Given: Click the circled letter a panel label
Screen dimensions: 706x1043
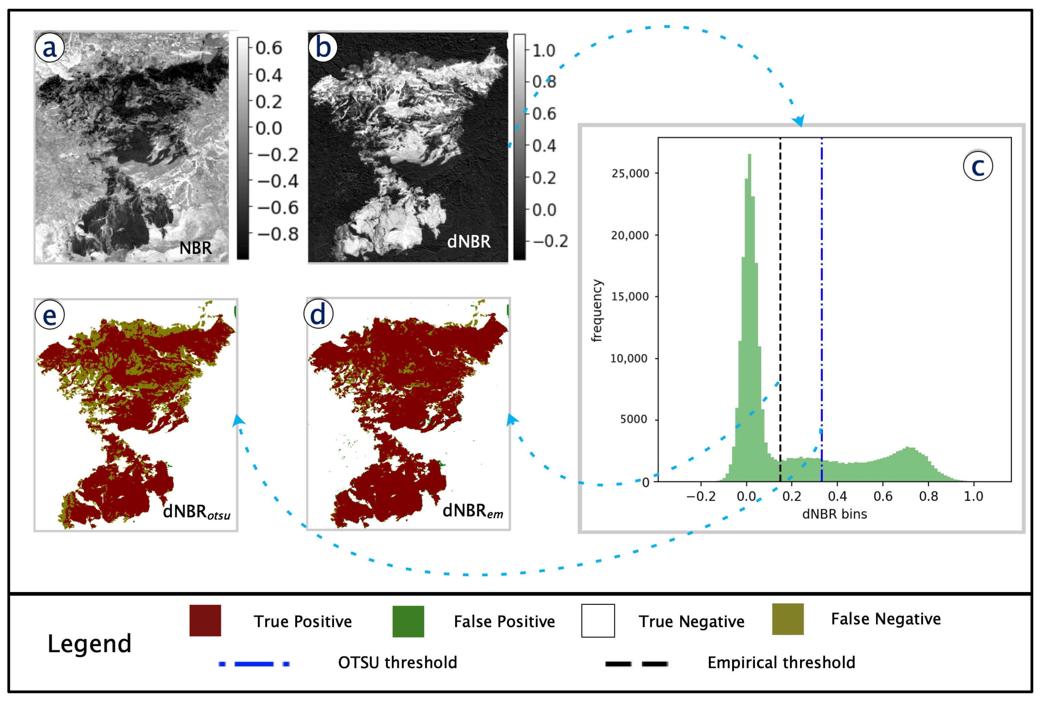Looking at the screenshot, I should coord(50,47).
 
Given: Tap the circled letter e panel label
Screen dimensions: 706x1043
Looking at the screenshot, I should coord(50,314).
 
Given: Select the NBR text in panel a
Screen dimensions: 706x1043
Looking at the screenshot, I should coord(196,248).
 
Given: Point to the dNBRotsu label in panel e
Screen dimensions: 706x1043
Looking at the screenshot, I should coord(196,512).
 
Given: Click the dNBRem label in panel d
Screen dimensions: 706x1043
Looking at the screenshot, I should coord(472,511).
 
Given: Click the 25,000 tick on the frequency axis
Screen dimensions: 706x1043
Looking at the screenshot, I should coord(630,173).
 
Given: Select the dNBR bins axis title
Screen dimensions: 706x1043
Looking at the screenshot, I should coord(834,514).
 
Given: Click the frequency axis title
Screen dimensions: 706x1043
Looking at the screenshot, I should coord(596,311).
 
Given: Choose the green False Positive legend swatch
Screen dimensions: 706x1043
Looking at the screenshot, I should coord(408,621).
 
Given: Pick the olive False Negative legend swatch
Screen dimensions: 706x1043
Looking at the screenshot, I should coord(788,619).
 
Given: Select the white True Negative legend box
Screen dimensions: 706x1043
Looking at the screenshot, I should coord(598,621).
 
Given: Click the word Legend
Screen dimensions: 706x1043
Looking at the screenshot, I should coord(89,643).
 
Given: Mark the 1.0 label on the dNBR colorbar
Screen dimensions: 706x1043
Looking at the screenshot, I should coord(543,51).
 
